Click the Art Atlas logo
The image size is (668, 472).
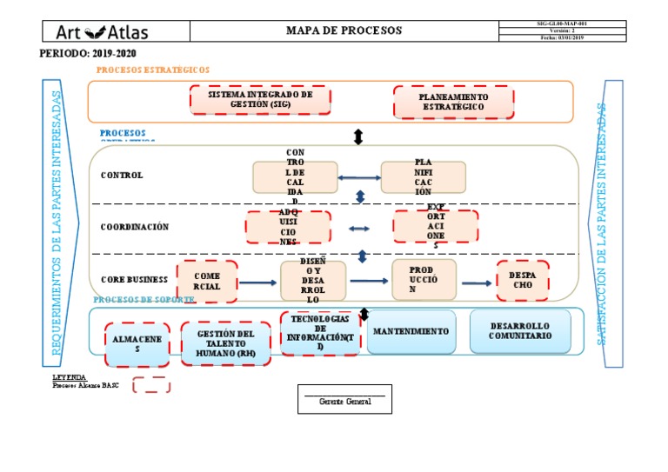pos(103,32)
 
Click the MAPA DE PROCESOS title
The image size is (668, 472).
pos(344,30)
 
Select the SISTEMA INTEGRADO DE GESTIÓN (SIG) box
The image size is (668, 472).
pos(260,100)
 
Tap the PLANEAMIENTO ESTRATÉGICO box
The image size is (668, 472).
pos(453,102)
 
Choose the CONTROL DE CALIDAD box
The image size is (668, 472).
pos(295,176)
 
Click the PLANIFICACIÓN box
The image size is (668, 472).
pos(423,177)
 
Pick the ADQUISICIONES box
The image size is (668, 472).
pos(288,228)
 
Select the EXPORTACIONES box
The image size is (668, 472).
pos(436,226)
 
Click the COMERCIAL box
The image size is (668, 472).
pos(207,282)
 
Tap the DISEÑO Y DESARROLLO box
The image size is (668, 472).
pos(313,281)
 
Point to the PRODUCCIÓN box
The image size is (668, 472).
pos(424,279)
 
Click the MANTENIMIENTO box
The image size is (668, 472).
pos(411,332)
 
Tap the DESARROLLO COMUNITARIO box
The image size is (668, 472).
pos(520,331)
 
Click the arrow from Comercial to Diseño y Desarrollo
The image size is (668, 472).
pos(257,283)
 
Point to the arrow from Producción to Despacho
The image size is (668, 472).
pos(476,283)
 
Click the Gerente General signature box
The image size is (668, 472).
pos(344,399)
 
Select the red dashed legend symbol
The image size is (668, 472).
pos(151,385)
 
